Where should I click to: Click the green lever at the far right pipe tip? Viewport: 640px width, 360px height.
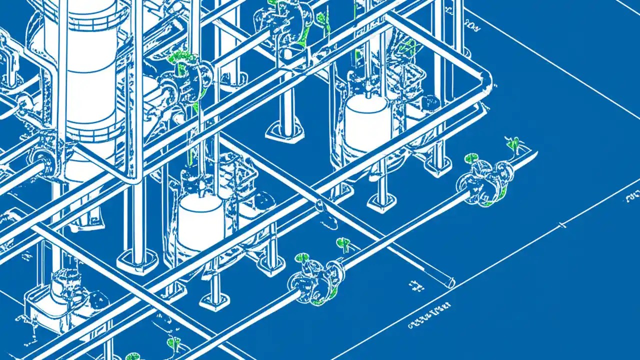[513, 144]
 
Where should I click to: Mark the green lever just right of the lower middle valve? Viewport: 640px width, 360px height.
[343, 243]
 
